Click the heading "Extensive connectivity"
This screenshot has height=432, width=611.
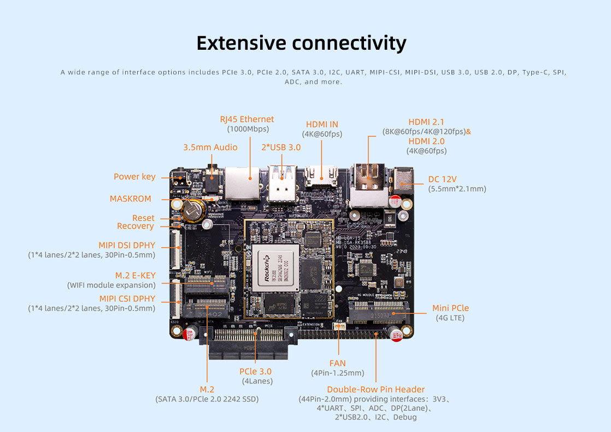(x=301, y=43)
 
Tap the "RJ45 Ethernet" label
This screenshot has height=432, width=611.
(x=247, y=119)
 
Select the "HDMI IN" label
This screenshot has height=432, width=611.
(x=322, y=125)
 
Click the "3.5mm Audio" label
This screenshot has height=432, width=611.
(x=210, y=147)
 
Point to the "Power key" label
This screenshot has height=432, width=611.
(x=134, y=177)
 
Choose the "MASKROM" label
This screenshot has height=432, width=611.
(x=131, y=199)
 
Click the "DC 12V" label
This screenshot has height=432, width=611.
(x=443, y=179)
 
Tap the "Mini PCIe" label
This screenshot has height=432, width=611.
(x=450, y=308)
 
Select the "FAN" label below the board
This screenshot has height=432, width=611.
(x=337, y=363)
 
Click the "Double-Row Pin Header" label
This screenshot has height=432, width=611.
(x=375, y=389)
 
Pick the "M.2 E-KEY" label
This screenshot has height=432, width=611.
(x=136, y=275)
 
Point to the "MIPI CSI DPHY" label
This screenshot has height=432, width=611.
(x=127, y=299)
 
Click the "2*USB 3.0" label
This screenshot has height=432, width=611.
(x=280, y=147)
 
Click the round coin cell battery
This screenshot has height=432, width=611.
(x=192, y=210)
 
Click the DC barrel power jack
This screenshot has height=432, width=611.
(x=403, y=179)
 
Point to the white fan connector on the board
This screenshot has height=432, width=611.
(x=339, y=327)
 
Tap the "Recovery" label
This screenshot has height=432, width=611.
(x=136, y=226)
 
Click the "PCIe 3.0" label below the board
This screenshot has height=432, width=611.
(x=256, y=371)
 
